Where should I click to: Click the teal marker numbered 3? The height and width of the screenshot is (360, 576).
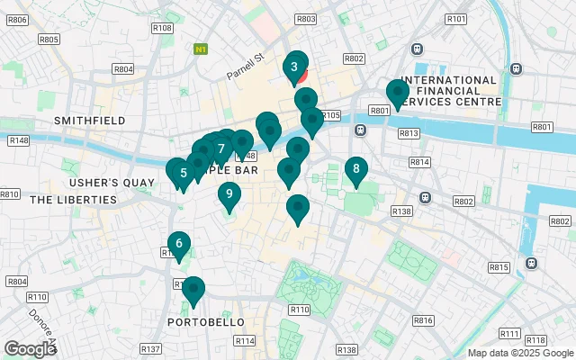pos(294,67)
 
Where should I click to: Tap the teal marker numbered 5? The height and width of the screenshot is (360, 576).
pos(183,173)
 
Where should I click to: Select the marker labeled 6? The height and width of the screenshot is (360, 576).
pos(179,243)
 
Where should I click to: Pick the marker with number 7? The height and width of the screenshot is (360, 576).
pos(220,148)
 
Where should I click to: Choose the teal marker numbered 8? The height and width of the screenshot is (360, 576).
pos(356,168)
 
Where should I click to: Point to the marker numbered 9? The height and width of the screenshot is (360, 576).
pos(229,193)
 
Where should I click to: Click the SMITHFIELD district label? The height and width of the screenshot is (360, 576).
pos(88,120)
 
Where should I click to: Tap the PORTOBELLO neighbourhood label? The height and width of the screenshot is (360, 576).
pos(200,321)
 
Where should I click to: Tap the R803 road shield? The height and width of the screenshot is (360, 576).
pos(306,19)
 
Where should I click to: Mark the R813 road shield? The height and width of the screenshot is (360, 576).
pos(409,133)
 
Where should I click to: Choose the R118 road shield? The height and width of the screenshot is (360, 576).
pos(535,339)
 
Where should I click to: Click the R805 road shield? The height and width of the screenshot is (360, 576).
pos(49,40)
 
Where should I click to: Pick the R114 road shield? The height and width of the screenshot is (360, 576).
pos(245,341)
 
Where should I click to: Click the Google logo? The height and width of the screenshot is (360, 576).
pos(30,349)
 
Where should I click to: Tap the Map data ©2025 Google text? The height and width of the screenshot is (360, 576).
pos(519,354)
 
